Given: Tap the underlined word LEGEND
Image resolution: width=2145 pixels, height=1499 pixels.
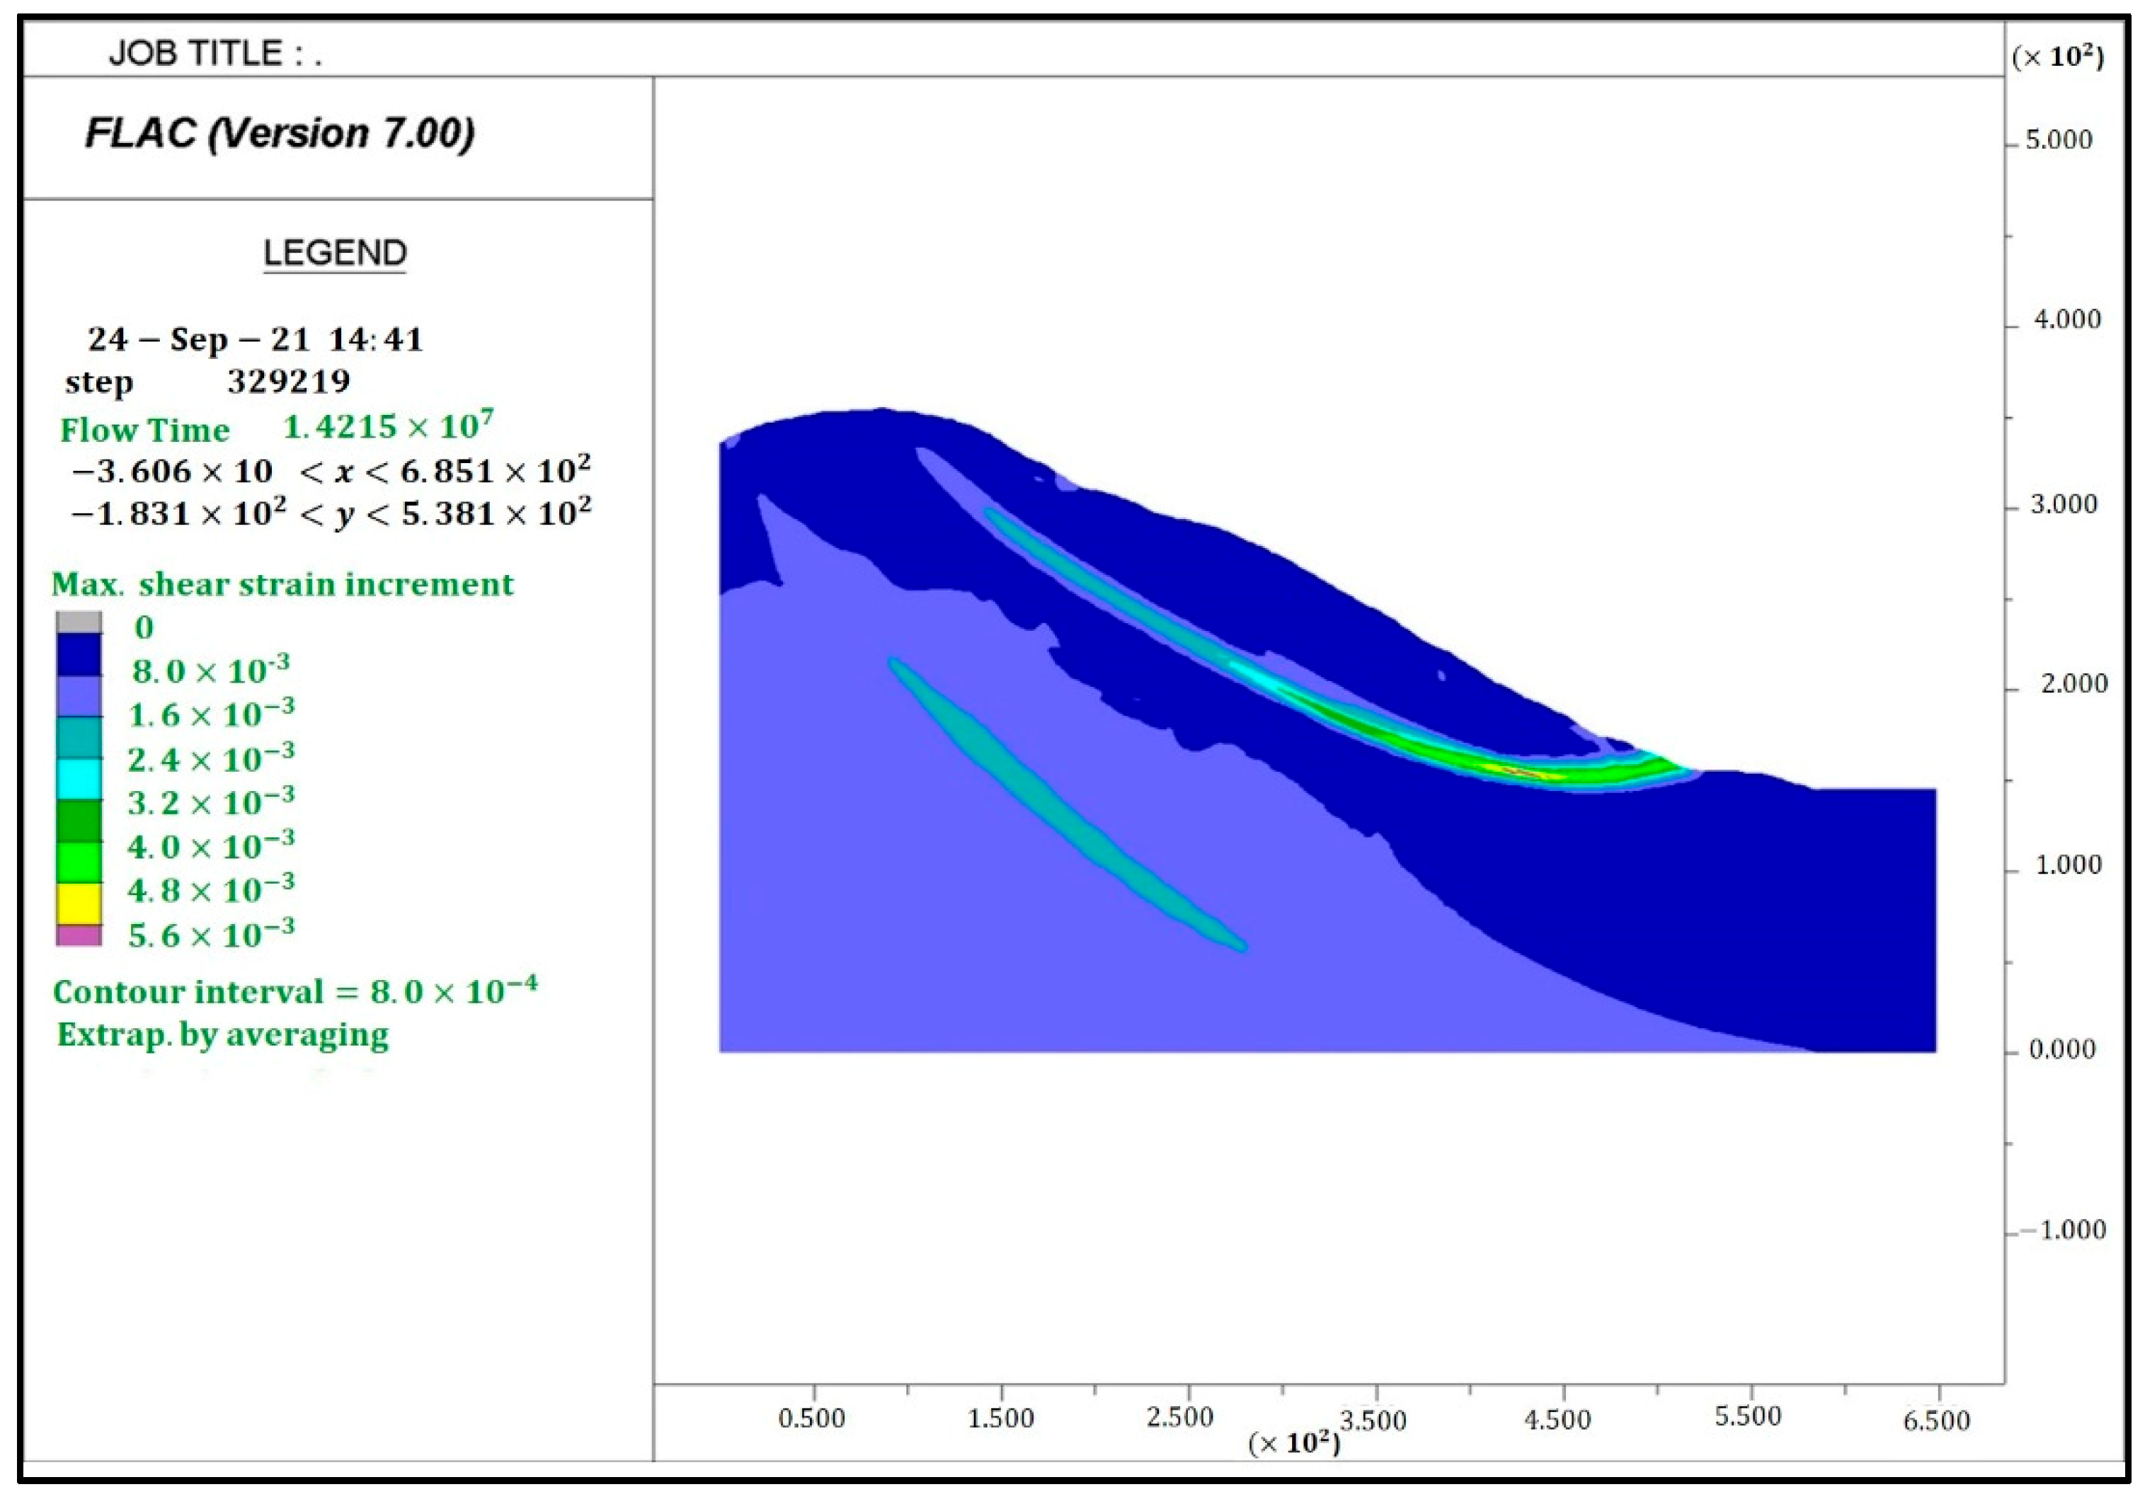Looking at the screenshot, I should coord(334,253).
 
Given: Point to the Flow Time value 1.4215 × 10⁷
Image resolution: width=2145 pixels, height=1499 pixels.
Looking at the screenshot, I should coord(388,427).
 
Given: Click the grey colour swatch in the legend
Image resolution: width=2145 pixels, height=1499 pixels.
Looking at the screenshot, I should coord(79,622).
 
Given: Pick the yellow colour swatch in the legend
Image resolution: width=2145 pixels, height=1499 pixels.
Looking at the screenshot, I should coord(79,903).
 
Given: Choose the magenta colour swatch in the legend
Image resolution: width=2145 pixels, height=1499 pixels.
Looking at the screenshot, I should coord(79,935).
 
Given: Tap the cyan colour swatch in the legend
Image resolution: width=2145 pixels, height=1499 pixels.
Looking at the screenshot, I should coord(79,778).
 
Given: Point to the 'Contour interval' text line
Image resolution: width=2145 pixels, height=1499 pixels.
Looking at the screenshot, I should coord(294,991).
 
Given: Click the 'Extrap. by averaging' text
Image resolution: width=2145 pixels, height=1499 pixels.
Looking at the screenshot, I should coord(222,1035).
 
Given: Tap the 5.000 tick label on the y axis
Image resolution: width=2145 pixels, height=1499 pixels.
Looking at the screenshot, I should coord(2058,140).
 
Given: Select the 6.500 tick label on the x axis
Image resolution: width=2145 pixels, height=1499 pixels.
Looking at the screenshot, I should coord(1935,1420).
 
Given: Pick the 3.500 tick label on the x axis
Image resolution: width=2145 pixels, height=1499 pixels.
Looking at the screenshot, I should coord(1373,1420).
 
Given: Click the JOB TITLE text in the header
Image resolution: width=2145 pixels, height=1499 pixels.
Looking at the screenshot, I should coord(215,53).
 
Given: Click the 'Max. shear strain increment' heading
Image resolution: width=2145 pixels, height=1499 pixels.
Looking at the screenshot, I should coord(282,584).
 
